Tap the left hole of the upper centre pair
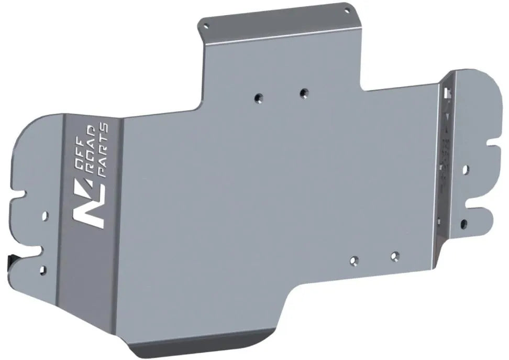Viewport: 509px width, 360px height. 258,97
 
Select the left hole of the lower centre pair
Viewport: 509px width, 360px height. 354,260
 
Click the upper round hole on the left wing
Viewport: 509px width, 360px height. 45,214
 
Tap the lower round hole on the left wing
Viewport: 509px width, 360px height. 42,270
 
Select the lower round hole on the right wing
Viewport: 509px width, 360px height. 464,224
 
